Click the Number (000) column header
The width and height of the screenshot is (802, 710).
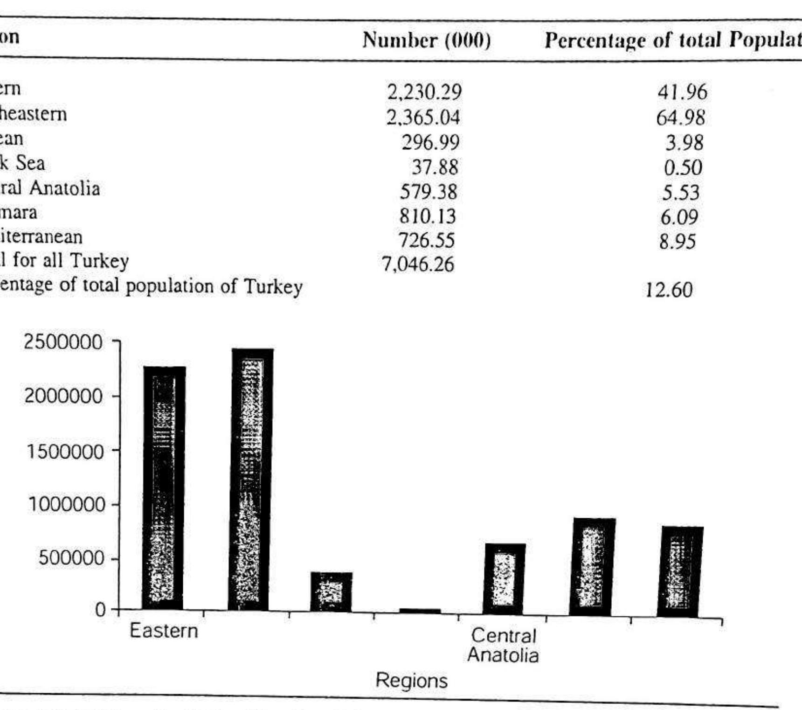coord(426,40)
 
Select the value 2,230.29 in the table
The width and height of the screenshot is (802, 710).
coord(424,92)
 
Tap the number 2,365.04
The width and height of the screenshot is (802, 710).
coord(423,117)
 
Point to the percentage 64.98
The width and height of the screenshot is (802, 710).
coord(680,118)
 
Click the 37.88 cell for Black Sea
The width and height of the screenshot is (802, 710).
coord(435,167)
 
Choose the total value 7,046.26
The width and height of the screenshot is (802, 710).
coord(418,265)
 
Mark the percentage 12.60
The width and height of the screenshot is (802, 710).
coord(669,290)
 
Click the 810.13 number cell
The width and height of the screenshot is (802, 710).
coord(427,216)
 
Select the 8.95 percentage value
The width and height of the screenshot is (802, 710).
coord(678,242)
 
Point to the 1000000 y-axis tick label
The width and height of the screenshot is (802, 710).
coord(65,505)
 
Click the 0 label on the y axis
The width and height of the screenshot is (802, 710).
coord(100,609)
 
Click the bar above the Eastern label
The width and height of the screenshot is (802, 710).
coord(164,487)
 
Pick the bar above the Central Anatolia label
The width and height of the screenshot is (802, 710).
coord(505,578)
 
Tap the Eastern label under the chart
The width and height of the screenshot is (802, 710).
coord(164,631)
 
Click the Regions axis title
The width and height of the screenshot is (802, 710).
coord(411,681)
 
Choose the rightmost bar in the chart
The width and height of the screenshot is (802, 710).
coord(680,571)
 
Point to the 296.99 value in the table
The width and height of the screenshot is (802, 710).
coord(430,142)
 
